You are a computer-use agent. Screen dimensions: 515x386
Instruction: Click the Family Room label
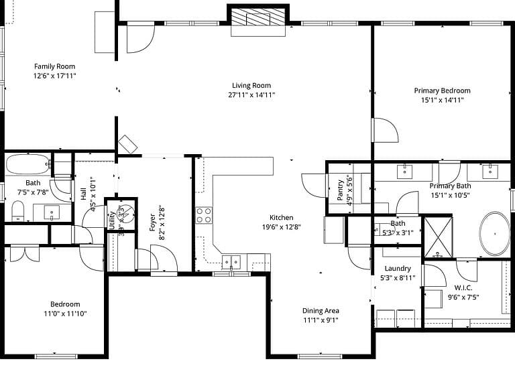click(54, 66)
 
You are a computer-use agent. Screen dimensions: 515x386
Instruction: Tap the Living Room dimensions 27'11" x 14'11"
click(251, 95)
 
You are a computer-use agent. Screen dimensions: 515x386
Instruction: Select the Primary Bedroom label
click(442, 90)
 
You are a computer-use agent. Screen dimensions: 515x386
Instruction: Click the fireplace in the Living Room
click(257, 17)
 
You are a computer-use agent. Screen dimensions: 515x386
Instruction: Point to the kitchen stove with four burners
click(204, 215)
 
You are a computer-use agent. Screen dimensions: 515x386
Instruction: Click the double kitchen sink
click(231, 262)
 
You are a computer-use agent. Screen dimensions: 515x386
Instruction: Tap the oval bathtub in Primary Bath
click(495, 234)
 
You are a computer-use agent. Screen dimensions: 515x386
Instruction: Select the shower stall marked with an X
click(438, 237)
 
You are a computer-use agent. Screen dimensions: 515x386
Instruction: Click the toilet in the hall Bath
click(18, 211)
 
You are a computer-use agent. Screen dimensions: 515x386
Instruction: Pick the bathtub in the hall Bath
click(28, 164)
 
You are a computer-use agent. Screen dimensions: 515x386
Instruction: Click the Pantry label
click(340, 190)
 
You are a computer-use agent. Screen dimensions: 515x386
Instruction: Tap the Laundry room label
click(398, 269)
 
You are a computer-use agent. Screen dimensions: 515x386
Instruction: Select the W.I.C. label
click(463, 288)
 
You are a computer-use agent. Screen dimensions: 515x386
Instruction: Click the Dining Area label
click(321, 311)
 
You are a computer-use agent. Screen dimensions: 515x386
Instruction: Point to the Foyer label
click(152, 222)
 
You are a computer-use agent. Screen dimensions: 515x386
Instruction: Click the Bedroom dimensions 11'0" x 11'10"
click(65, 314)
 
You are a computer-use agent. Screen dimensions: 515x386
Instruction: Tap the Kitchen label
click(282, 218)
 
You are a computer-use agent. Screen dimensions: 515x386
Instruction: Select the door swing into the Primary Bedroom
click(386, 130)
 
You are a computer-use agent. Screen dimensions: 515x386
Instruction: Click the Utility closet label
click(112, 220)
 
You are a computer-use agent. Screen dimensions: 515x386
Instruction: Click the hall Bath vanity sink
click(52, 212)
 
